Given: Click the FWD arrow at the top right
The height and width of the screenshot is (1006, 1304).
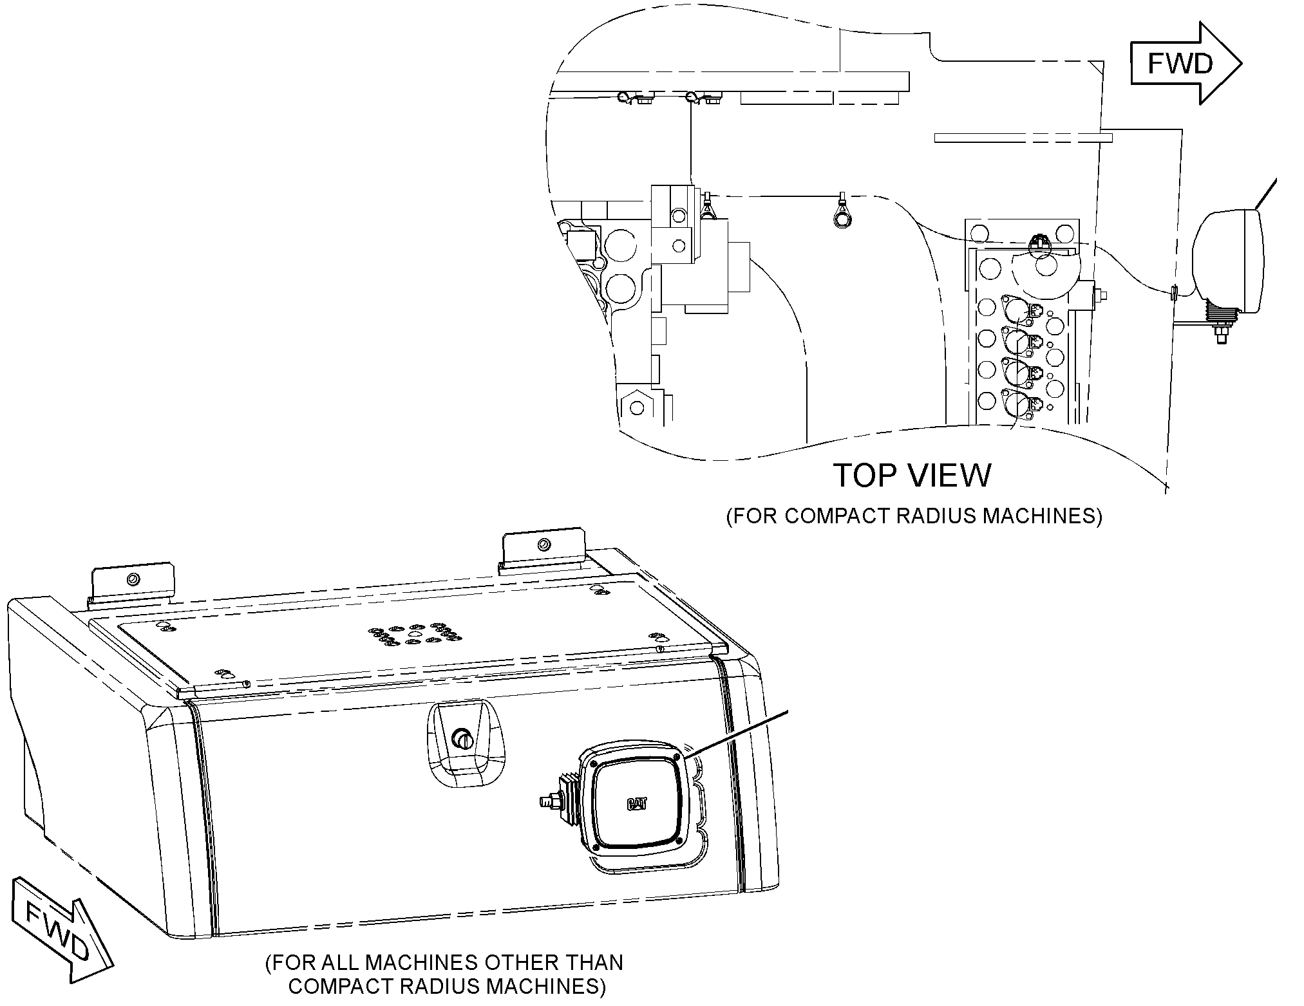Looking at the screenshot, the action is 1186,63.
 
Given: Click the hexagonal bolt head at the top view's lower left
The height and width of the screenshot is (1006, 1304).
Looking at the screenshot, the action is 637,407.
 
